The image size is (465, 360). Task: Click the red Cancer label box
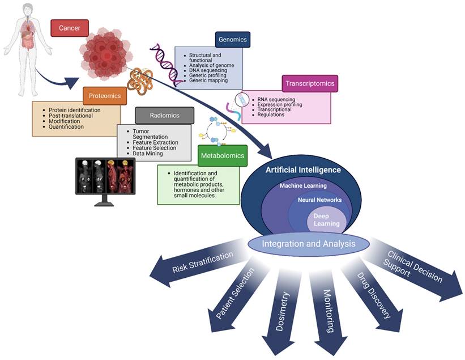[69, 28]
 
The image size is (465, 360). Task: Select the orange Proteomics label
[104, 96]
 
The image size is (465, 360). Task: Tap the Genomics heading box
[233, 40]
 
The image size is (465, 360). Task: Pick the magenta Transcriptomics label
[309, 83]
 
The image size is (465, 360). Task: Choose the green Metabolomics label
[223, 155]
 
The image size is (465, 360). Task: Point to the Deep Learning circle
[326, 219]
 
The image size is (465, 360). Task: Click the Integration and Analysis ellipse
[308, 244]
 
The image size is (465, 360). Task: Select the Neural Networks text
[319, 201]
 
